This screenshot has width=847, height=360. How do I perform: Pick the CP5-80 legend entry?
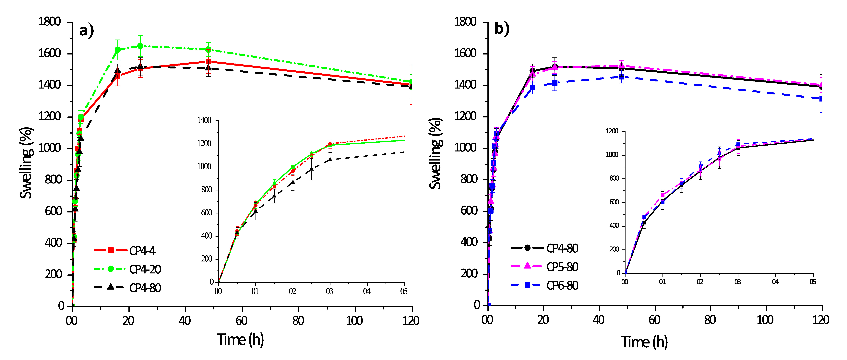[544, 267]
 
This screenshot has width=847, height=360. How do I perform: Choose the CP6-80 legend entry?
[544, 285]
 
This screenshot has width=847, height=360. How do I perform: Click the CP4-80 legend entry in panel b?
[544, 248]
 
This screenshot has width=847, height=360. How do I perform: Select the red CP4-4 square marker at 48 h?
[208, 62]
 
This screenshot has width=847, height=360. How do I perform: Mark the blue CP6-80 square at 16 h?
[533, 87]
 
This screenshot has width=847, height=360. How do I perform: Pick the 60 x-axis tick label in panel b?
[654, 320]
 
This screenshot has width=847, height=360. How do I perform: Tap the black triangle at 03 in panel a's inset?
[330, 159]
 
